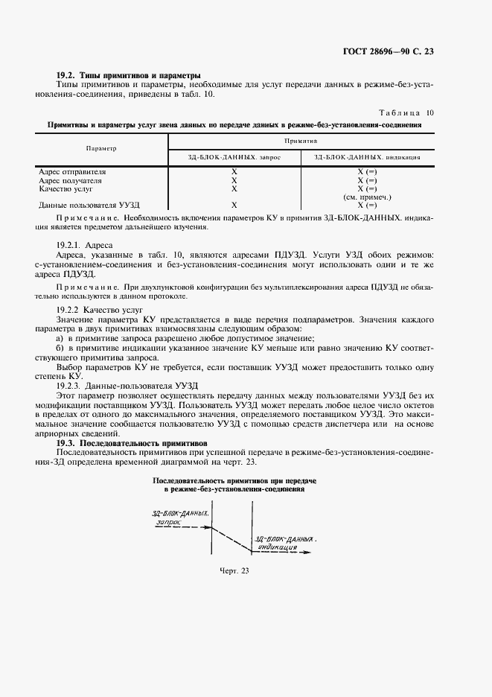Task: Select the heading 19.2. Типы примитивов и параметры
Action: [129, 75]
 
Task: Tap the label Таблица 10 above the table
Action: [406, 112]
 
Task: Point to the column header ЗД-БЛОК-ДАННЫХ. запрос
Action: [234, 157]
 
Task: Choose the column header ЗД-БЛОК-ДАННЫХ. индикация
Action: [367, 157]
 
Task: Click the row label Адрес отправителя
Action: [72, 172]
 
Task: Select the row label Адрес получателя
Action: [70, 180]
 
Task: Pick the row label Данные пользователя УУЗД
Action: [89, 204]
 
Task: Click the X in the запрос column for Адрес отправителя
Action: [234, 172]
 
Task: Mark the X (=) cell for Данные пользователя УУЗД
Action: [367, 204]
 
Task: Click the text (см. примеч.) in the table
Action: [367, 197]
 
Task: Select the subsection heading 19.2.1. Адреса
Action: [85, 244]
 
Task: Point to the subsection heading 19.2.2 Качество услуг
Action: [99, 308]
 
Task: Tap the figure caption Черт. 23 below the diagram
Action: [233, 570]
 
